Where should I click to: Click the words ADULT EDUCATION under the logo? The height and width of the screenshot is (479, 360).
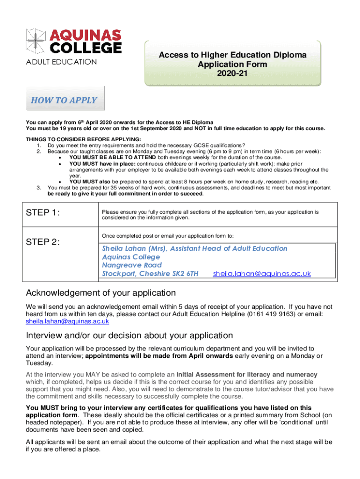62,62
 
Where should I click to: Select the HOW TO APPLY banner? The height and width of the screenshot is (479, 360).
64,100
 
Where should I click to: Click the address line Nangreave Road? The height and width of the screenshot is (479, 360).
132,265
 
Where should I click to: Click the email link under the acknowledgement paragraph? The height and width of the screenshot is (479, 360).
68,321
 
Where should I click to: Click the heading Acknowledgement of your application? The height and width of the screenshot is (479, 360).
101,293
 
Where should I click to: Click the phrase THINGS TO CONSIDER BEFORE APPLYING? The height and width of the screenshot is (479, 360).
83,139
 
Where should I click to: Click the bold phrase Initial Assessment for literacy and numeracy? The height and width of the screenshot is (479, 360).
247,375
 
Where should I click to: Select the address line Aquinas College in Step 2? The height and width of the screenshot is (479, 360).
131,257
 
